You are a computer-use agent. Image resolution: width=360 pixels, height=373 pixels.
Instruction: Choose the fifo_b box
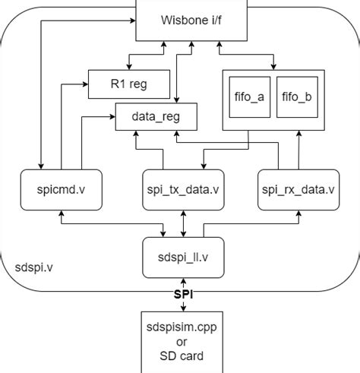click(296, 97)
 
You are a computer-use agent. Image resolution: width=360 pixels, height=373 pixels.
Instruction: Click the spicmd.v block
click(61, 189)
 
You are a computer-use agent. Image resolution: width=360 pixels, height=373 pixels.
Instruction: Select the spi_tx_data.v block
click(182, 189)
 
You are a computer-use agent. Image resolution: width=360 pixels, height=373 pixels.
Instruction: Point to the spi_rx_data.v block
click(298, 189)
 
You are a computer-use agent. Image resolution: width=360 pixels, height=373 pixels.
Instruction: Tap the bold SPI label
click(182, 292)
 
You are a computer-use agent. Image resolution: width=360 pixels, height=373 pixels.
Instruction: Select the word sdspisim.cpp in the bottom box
click(182, 327)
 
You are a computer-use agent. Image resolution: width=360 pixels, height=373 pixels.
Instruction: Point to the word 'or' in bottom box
click(182, 342)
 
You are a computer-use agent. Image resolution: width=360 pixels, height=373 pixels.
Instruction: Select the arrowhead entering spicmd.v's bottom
click(61, 213)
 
